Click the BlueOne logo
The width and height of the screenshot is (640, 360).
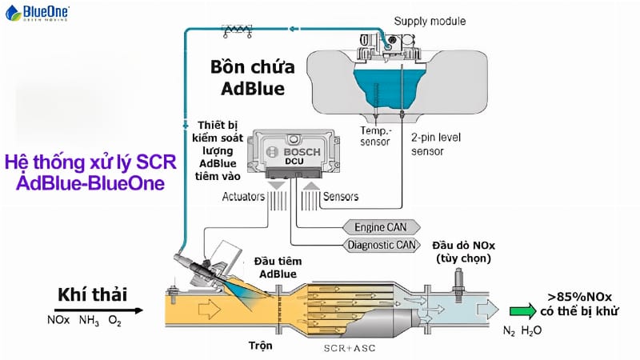(x=37, y=13)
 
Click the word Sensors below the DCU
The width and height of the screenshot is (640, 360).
(x=341, y=196)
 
